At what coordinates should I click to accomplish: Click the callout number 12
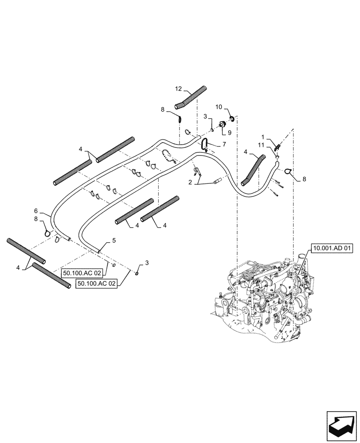(x=178, y=89)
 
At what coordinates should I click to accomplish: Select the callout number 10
(x=219, y=108)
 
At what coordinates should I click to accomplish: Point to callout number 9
(x=229, y=132)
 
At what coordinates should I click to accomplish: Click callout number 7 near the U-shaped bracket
(x=224, y=144)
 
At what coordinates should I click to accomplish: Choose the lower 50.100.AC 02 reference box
(x=97, y=284)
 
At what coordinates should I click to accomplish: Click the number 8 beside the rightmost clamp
(x=304, y=179)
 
